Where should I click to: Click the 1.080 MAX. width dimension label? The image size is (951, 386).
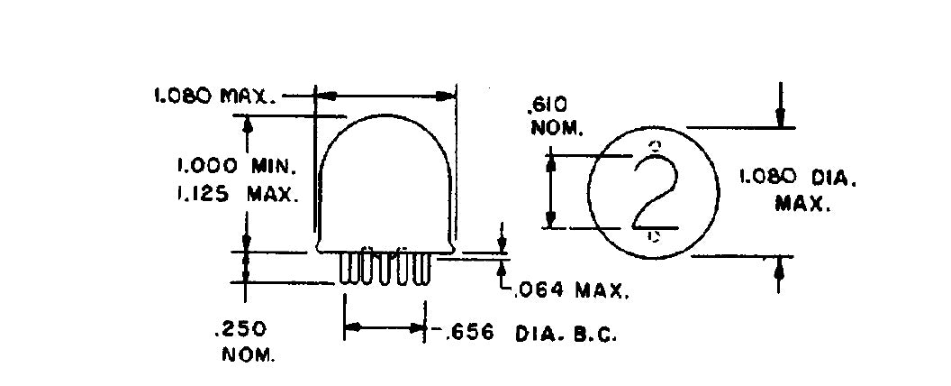pyautogui.click(x=215, y=96)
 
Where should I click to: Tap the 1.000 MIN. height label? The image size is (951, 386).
pyautogui.click(x=237, y=166)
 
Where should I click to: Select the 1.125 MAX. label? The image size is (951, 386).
pyautogui.click(x=238, y=194)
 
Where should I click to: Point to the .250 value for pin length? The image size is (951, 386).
pyautogui.click(x=240, y=329)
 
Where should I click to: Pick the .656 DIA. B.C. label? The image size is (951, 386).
pyautogui.click(x=530, y=333)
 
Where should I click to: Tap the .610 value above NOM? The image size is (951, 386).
pyautogui.click(x=548, y=106)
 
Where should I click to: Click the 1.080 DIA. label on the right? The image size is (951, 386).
pyautogui.click(x=798, y=178)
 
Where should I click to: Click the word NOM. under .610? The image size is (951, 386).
pyautogui.click(x=557, y=129)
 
